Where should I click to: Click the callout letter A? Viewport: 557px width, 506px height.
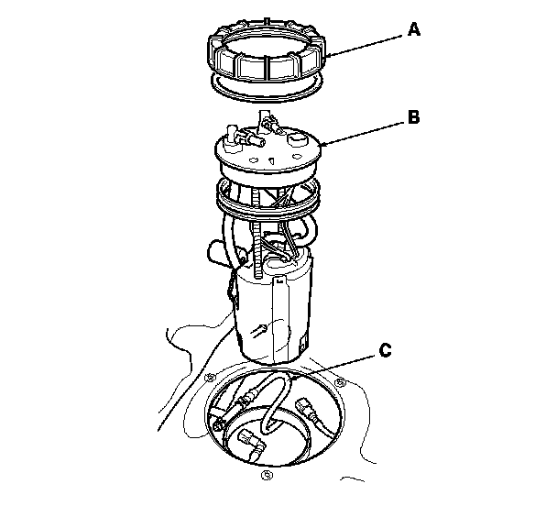413,30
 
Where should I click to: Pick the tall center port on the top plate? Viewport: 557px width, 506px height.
267,122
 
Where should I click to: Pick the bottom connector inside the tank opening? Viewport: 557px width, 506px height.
254,445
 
